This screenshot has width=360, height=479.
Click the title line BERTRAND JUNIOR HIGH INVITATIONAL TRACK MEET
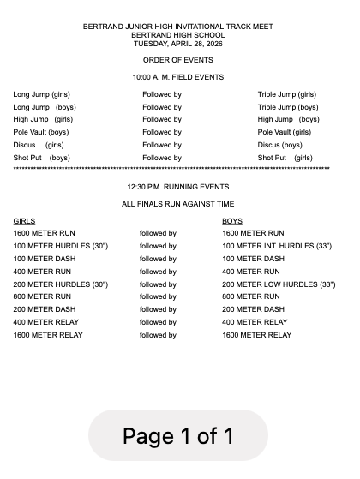178,27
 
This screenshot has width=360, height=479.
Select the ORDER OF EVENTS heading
178,60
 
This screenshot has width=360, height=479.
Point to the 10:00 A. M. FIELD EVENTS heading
178,77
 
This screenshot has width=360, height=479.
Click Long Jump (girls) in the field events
41,94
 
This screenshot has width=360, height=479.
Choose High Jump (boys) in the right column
287,120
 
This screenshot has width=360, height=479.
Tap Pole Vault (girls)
285,133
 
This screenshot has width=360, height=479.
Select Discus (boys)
280,146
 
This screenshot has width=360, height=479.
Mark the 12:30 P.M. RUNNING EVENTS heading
178,186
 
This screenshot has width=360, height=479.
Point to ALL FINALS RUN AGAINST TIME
178,204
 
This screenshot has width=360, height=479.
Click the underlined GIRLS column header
24,221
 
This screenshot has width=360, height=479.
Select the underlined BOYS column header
232,221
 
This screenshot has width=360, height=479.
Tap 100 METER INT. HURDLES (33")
276,246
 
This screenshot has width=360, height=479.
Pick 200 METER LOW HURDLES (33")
279,284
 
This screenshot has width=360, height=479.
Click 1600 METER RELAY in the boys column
256,335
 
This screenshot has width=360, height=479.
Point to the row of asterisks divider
171,170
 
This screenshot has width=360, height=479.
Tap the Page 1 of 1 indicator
178,437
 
